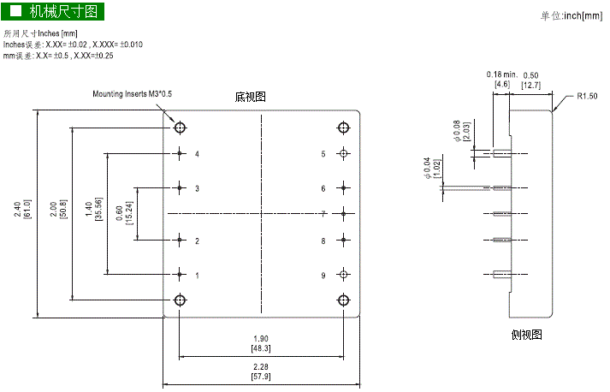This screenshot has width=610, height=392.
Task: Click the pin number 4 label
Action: point(197,154)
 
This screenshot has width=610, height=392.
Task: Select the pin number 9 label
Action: point(323,276)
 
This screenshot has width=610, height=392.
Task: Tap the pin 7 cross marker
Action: point(343,214)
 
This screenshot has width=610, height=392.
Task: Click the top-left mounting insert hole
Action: point(180,128)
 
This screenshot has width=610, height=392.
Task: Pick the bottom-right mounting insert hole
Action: point(343,300)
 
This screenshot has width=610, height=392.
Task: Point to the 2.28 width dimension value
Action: point(261,366)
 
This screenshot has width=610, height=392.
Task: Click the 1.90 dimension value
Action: point(261,339)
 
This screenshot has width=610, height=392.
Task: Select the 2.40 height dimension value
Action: point(17,210)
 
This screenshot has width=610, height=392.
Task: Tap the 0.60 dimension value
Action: point(120,213)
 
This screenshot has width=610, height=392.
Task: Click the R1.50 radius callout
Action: point(587,96)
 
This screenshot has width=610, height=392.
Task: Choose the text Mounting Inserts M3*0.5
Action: point(133,94)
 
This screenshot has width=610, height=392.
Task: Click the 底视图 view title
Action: point(250,97)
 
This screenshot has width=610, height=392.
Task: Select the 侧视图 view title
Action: point(526,335)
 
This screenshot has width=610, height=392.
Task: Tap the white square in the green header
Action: point(15,11)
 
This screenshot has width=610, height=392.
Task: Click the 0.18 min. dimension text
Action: point(501,74)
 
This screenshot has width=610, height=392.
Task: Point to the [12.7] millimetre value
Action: point(531,85)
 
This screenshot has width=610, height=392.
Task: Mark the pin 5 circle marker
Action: point(343,154)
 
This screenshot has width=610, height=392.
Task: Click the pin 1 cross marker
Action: point(180,275)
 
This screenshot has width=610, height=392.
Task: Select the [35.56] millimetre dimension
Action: point(98,210)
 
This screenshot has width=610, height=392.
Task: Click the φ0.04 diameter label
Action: point(427,168)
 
